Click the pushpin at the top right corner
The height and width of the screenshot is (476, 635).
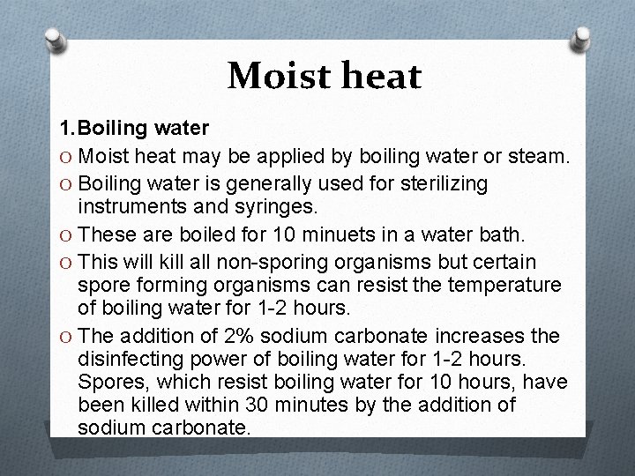click(581, 38)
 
